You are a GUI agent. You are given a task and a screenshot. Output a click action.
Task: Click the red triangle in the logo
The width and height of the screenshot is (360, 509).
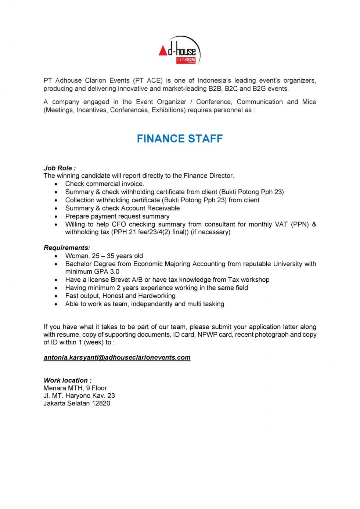pyautogui.click(x=163, y=51)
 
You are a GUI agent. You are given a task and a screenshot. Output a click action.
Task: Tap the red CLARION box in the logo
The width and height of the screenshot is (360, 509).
pyautogui.click(x=186, y=60)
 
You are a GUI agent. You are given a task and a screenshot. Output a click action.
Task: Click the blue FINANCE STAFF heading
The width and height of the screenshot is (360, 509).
pyautogui.click(x=180, y=138)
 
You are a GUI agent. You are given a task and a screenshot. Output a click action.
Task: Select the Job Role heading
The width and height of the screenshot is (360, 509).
pyautogui.click(x=60, y=168)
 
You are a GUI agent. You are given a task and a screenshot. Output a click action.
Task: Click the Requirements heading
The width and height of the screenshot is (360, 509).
pyautogui.click(x=67, y=248)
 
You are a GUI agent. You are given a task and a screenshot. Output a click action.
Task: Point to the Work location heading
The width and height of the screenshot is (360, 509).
pyautogui.click(x=68, y=380)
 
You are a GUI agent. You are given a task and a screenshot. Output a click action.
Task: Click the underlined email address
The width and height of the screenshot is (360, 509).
pyautogui.click(x=117, y=357)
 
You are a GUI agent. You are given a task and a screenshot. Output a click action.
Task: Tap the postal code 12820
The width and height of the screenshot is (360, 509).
pyautogui.click(x=101, y=403)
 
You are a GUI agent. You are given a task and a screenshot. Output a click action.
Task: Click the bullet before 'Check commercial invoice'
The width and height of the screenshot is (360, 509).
pyautogui.click(x=56, y=184)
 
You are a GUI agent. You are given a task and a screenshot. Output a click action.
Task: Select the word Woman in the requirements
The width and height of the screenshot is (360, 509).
pyautogui.click(x=77, y=256)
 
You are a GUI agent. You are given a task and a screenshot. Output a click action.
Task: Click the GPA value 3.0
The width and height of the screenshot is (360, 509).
pyautogui.click(x=115, y=271)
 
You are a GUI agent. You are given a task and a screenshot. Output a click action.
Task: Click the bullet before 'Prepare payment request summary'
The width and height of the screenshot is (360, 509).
pyautogui.click(x=56, y=216)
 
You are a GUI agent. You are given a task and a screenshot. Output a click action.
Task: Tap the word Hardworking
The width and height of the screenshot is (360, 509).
pyautogui.click(x=157, y=296)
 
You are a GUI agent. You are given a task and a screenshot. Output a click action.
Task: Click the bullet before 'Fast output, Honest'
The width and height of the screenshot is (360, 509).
pyautogui.click(x=56, y=296)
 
